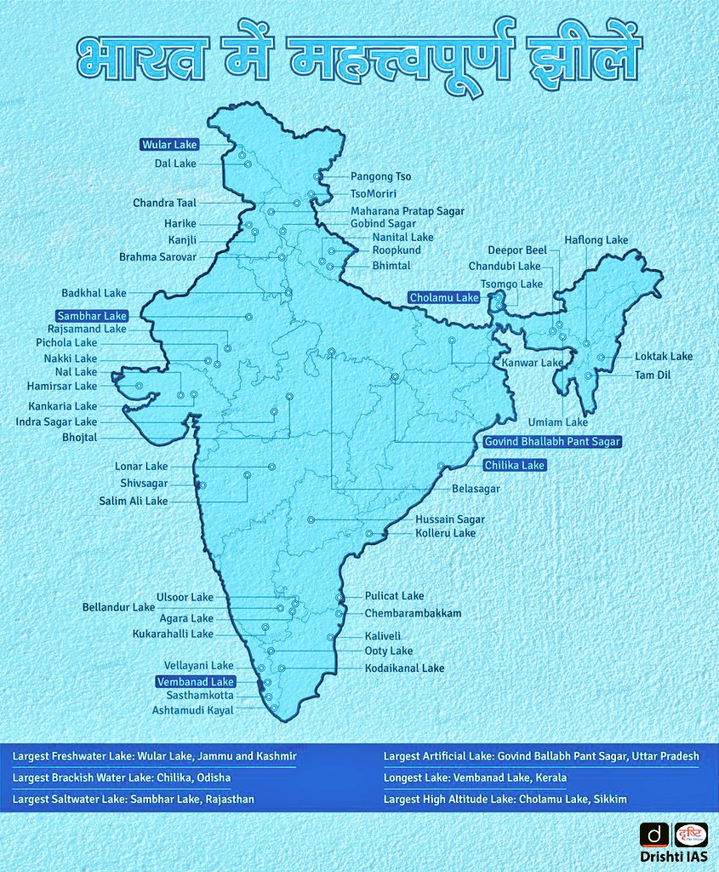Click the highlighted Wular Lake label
click(169, 145)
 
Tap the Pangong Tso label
click(380, 176)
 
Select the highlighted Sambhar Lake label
click(92, 315)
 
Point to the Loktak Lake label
click(664, 356)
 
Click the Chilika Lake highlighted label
click(514, 465)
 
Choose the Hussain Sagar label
click(449, 519)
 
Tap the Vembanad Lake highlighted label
click(195, 681)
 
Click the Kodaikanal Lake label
click(404, 668)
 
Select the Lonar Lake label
click(141, 466)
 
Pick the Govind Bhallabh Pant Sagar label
click(552, 441)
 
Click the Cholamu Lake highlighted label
click(443, 297)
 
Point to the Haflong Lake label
click(596, 240)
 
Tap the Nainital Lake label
click(402, 237)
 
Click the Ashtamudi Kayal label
click(192, 709)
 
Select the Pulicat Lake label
click(394, 596)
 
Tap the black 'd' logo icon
click(653, 835)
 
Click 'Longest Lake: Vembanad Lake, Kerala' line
click(475, 777)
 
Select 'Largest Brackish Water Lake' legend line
click(122, 777)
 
